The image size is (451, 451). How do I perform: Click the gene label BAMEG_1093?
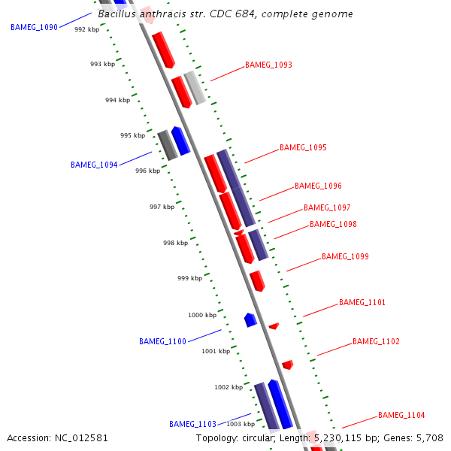[x=268, y=65]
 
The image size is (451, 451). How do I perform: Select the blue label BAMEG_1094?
[x=94, y=165]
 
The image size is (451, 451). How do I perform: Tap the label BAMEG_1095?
[x=303, y=147]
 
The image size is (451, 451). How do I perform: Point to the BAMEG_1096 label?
[x=318, y=186]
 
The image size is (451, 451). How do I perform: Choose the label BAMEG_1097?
[x=327, y=207]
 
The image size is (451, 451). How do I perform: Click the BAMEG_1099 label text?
[x=345, y=256]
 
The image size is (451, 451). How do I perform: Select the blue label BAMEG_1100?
[x=162, y=341]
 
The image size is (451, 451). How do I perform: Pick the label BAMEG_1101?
[x=362, y=302]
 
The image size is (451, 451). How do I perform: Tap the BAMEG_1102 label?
[x=376, y=341]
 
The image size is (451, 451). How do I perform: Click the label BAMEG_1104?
[x=401, y=415]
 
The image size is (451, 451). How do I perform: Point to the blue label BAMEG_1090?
[x=34, y=27]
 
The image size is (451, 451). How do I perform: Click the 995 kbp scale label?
[x=132, y=135]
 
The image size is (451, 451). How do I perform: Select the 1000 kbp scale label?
[x=201, y=315]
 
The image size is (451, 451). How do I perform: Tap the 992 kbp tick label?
[x=86, y=29]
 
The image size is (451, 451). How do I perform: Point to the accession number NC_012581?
[x=81, y=437]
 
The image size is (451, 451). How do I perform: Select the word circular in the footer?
[x=262, y=437]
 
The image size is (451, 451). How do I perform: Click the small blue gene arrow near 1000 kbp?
[x=250, y=319]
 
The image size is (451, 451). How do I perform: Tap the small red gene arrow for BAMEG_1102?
[x=287, y=365]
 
